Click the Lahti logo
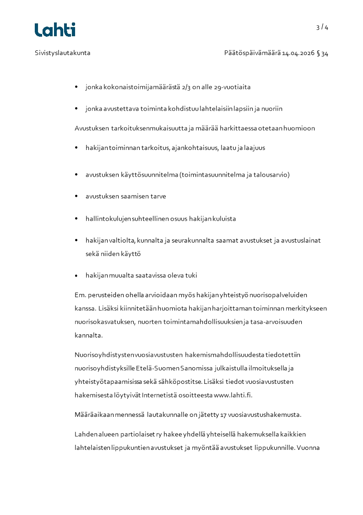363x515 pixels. [x=55, y=30]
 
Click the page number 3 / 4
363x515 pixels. [x=322, y=27]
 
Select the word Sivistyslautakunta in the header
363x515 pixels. [x=62, y=53]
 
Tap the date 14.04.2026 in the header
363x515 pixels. [x=298, y=53]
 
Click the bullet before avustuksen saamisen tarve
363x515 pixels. [x=76, y=196]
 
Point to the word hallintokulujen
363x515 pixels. [x=108, y=219]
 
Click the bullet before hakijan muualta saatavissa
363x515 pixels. [x=76, y=276]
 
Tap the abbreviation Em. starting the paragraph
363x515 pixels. [x=80, y=295]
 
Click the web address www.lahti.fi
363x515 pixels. [x=233, y=395]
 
